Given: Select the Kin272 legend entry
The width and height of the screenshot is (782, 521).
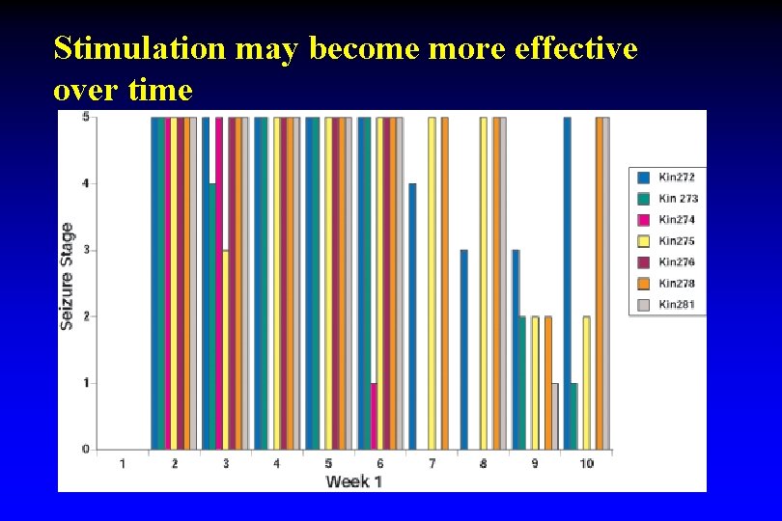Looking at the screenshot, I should [676, 178].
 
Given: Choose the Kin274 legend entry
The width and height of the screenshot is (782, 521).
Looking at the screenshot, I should [676, 220].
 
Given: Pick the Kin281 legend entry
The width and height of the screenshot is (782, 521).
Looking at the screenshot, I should [676, 305].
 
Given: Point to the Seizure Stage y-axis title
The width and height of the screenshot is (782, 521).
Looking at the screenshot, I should [68, 276].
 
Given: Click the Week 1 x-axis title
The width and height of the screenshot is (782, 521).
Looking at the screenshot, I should [353, 480].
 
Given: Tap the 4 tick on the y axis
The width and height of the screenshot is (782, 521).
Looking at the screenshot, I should [86, 183].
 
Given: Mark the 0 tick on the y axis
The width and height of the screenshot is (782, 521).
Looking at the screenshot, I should [86, 450].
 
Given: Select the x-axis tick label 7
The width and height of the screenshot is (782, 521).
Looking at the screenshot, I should [432, 464].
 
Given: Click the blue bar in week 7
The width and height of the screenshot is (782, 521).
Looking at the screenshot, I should [412, 316].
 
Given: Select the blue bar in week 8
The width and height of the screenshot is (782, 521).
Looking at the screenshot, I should [463, 349].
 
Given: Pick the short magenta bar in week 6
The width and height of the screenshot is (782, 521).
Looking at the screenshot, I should [374, 416].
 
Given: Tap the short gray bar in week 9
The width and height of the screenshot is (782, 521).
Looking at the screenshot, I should [554, 416].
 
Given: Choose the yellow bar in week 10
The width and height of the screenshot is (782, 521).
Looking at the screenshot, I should [586, 383].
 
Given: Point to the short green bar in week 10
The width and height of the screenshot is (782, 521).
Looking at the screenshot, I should [573, 416].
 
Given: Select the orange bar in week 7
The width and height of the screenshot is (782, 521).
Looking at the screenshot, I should [444, 284].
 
